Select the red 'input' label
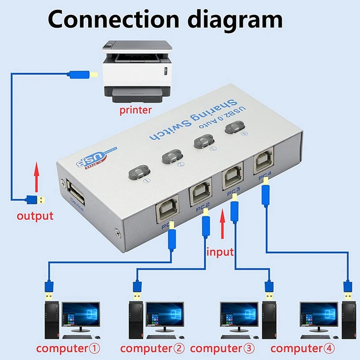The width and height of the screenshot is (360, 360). click(x=220, y=252)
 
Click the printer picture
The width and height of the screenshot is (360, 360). click(x=136, y=70)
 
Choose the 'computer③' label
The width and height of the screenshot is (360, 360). click(x=222, y=348)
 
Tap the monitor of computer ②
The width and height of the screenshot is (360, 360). click(x=165, y=314)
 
